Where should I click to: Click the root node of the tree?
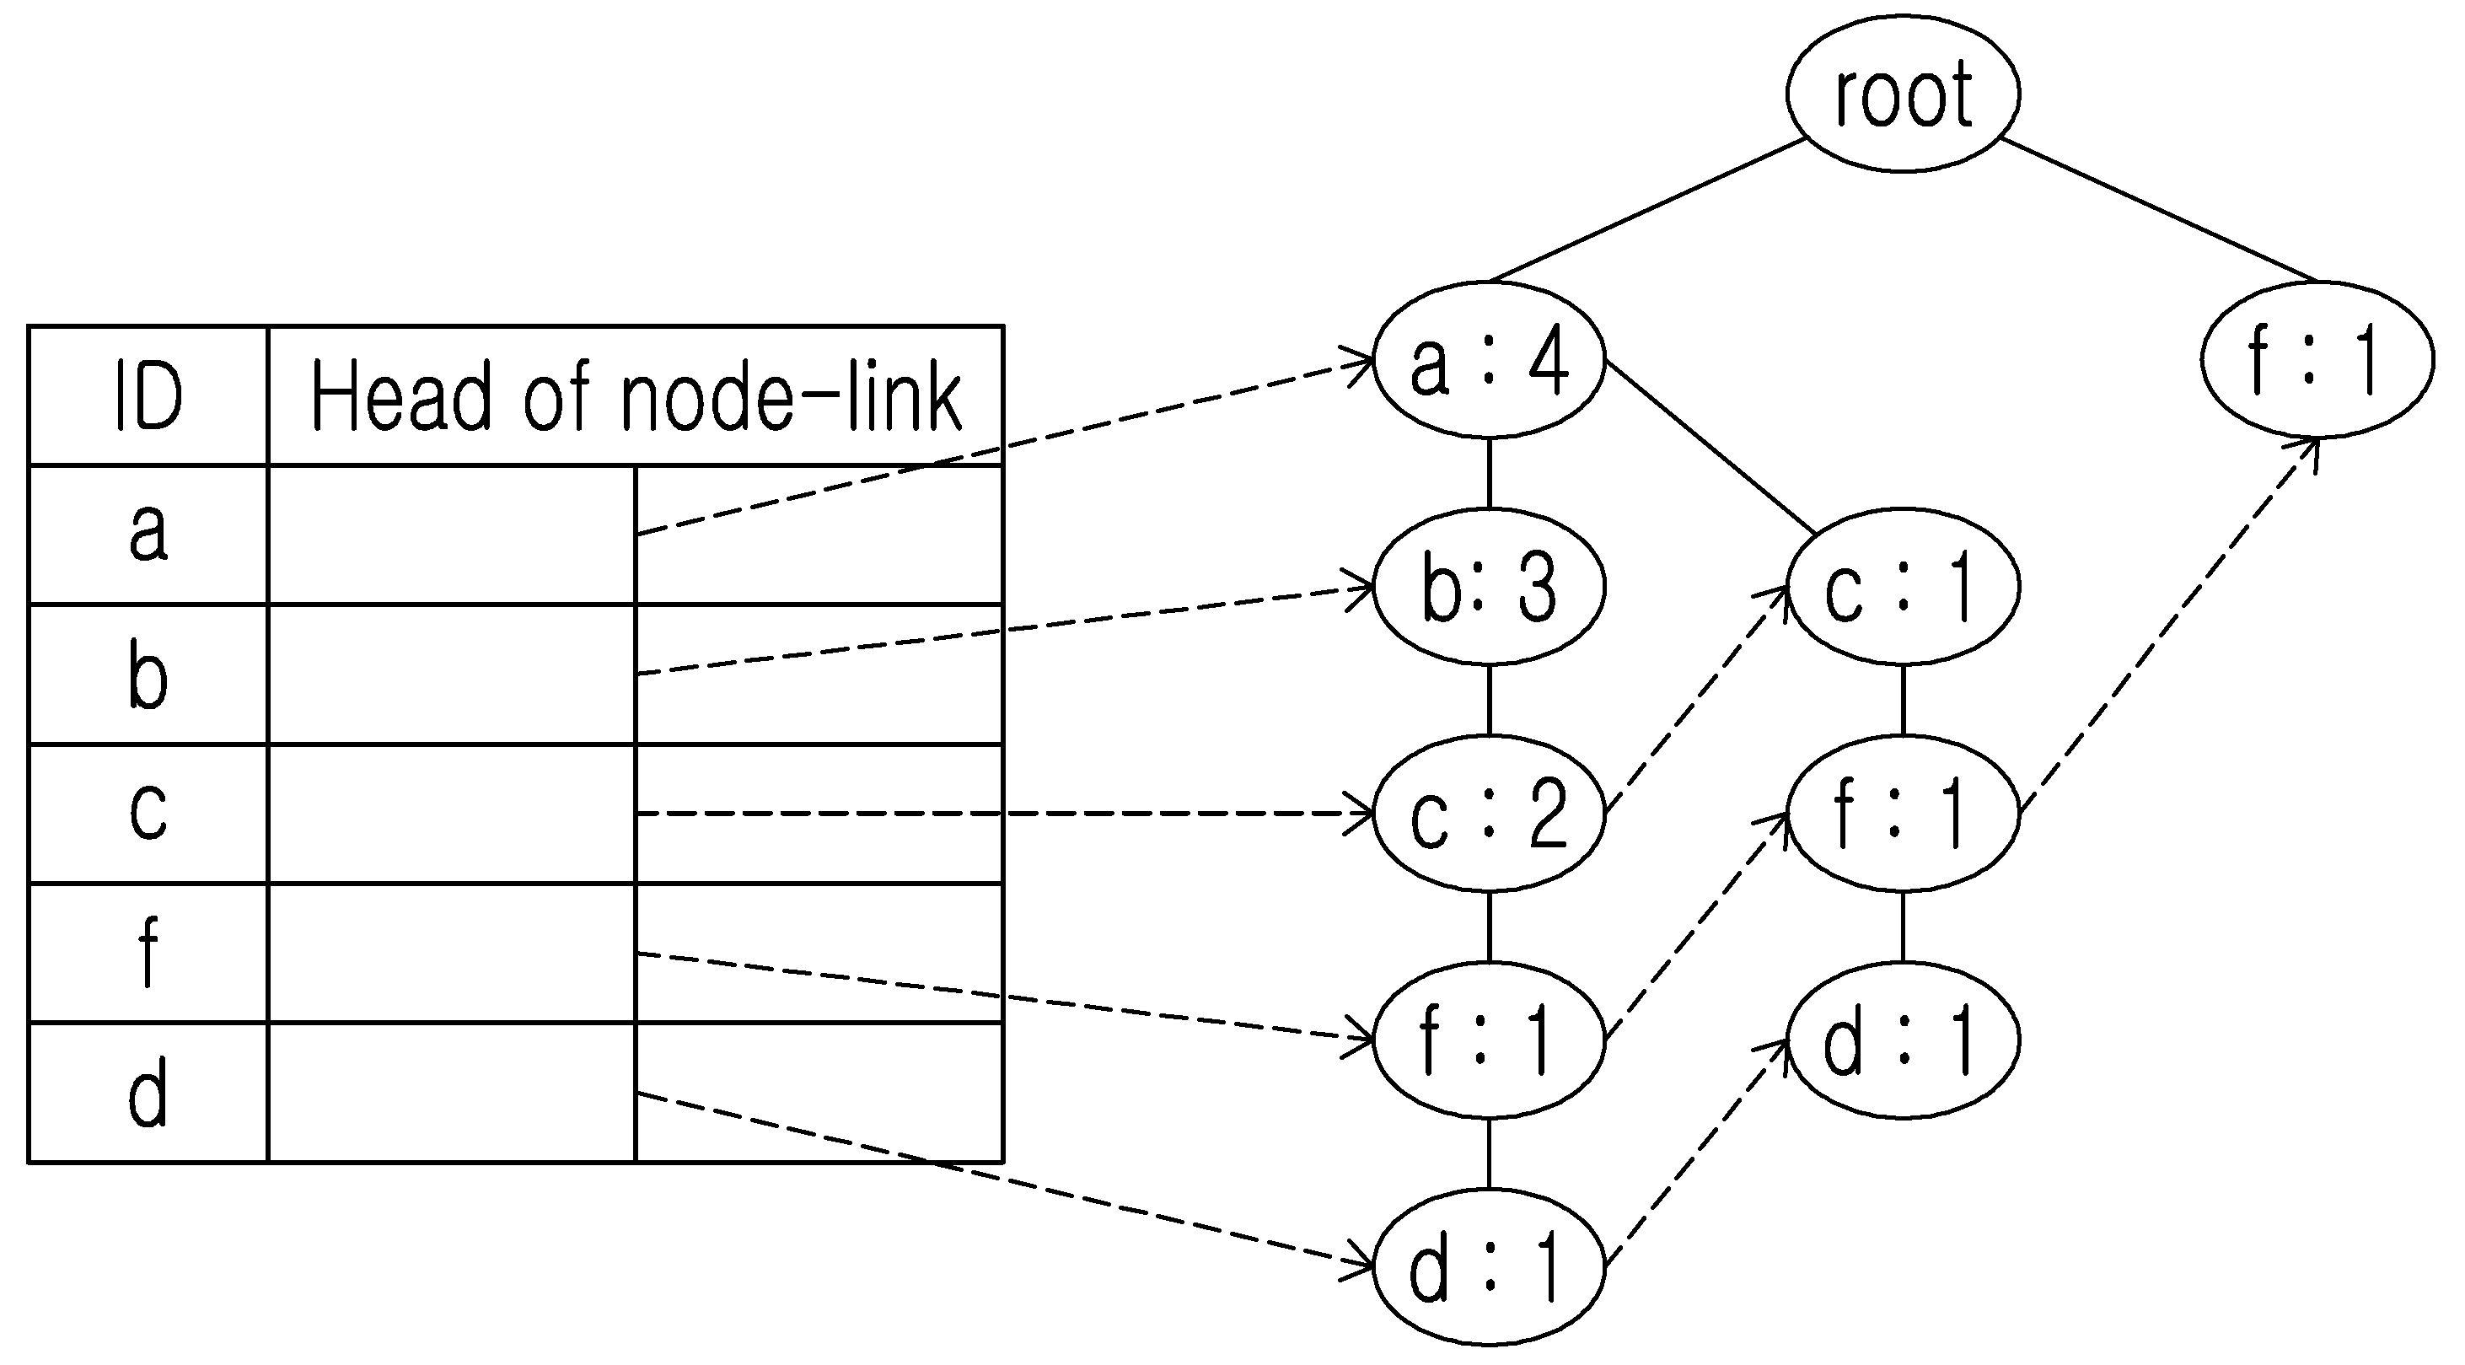click(x=1903, y=93)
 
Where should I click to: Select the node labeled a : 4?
click(x=1489, y=360)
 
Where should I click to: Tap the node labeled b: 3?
click(x=1489, y=586)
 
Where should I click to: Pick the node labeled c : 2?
click(x=1489, y=814)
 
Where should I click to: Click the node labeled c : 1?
click(x=1903, y=586)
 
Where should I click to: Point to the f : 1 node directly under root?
click(x=2317, y=360)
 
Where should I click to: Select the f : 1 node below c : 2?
click(x=1489, y=1040)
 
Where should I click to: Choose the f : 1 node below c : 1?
click(x=1903, y=814)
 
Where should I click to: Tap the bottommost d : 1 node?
click(x=1489, y=1266)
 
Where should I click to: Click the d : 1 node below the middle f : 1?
click(x=1903, y=1040)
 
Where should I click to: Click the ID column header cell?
click(x=148, y=396)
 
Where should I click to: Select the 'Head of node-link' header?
click(x=636, y=396)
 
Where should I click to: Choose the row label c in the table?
click(x=148, y=812)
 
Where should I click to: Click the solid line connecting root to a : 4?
click(x=1648, y=212)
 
